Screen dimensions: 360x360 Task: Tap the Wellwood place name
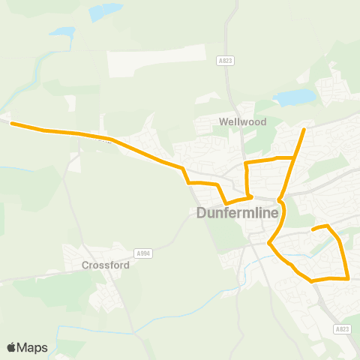point(238,121)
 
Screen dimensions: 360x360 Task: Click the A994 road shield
point(142,253)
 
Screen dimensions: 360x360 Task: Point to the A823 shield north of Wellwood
point(224,61)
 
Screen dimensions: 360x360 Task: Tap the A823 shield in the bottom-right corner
point(343,328)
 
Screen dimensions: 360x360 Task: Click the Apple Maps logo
point(27,347)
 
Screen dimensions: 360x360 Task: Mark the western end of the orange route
point(11,124)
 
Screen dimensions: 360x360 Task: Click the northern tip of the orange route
point(304,130)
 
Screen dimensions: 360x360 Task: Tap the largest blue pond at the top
point(105,12)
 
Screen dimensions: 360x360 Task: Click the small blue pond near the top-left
point(62,33)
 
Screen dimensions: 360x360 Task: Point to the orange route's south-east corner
point(349,278)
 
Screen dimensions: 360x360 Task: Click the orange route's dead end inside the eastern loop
point(312,227)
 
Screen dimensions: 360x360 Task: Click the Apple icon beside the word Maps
point(12,347)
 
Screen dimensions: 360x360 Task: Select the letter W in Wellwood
point(223,121)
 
